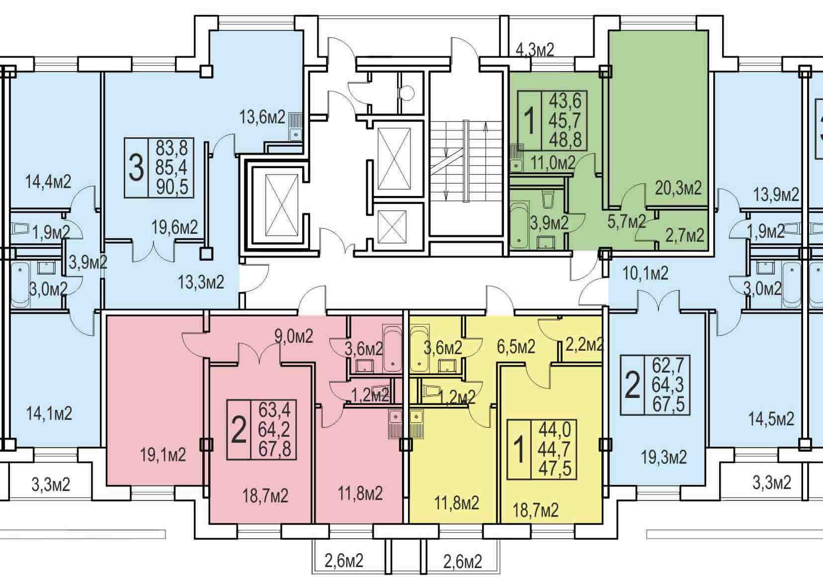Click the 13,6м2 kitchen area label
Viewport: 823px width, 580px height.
point(262,118)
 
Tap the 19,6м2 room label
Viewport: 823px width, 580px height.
point(175,227)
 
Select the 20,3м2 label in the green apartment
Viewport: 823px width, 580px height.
point(678,188)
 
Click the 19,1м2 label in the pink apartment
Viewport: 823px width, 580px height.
point(163,455)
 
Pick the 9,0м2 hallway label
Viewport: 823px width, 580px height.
point(294,336)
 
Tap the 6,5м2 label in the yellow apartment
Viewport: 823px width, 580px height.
point(516,347)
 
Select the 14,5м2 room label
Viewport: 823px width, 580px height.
point(771,419)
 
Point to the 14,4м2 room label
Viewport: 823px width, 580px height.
point(48,182)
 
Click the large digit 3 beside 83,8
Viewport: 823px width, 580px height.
point(136,168)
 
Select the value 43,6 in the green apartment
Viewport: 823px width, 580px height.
point(566,100)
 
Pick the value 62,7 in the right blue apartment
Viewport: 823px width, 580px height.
point(668,366)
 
